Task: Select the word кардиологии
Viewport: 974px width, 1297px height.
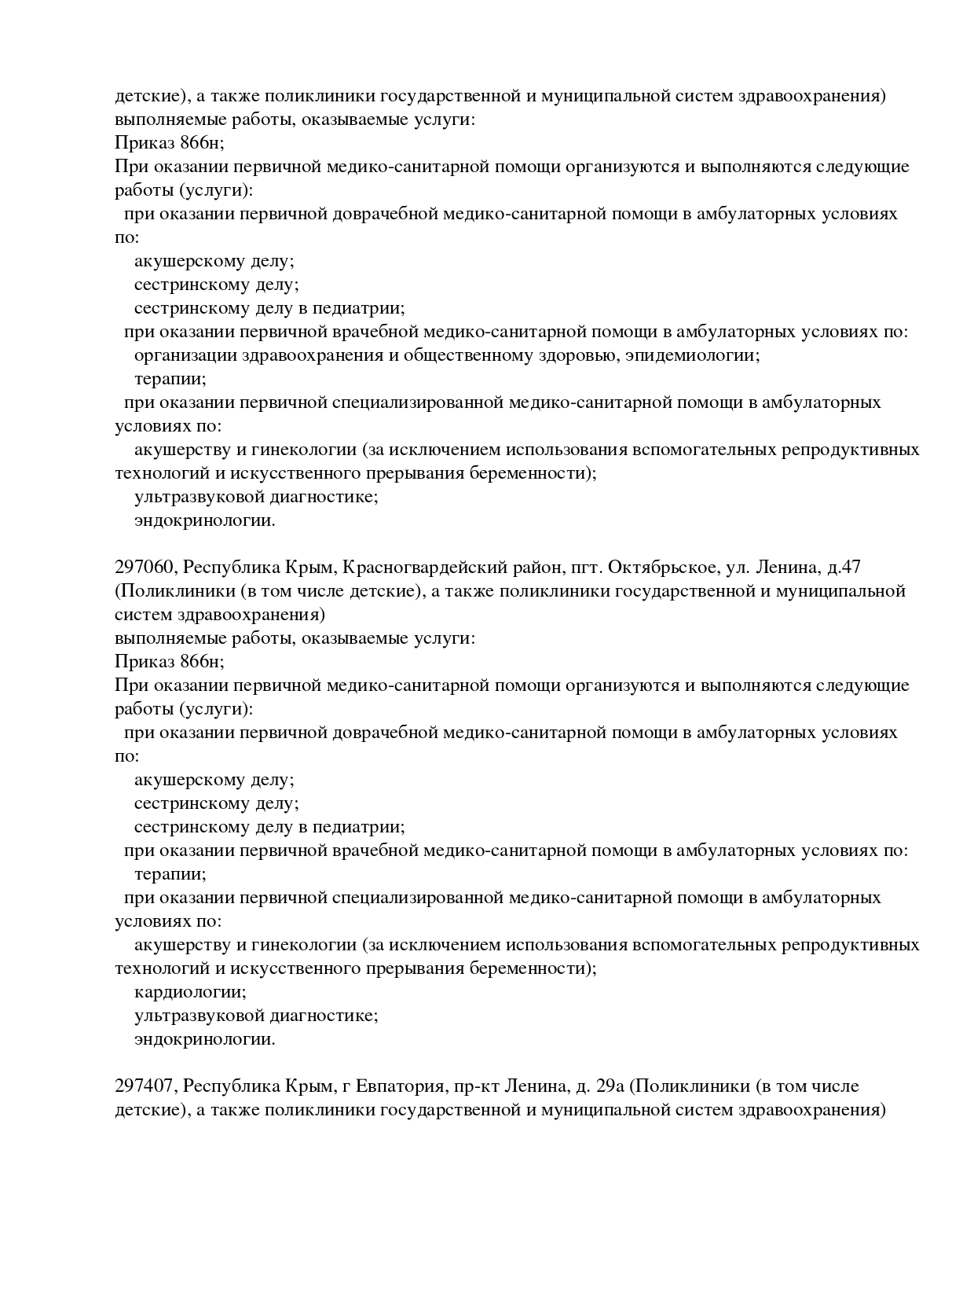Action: (190, 992)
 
